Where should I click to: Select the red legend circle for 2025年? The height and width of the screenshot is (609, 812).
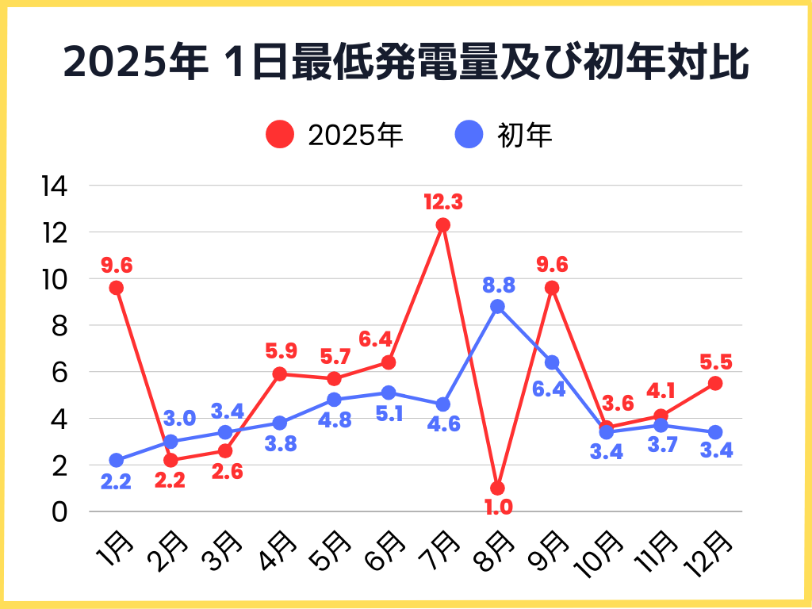coord(280,135)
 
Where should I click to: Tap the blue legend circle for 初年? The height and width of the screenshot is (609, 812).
coord(469,135)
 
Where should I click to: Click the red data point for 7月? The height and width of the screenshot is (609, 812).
coord(443,225)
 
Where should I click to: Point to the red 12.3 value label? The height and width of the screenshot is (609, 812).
coord(443,201)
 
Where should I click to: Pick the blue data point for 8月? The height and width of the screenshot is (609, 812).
coord(498,307)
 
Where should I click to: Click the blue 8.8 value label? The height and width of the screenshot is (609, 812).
coord(498,283)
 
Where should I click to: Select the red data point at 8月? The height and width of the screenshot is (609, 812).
coord(498,488)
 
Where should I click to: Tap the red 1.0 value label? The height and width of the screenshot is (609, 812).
coord(498,507)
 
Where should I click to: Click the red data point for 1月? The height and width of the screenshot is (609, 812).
coord(117,288)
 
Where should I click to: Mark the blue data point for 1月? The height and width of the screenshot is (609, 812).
coord(117,460)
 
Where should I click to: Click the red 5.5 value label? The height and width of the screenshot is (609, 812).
coord(716,362)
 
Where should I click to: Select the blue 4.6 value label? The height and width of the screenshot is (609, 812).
coord(443,424)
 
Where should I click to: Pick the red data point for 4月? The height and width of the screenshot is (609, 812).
coord(280,374)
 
